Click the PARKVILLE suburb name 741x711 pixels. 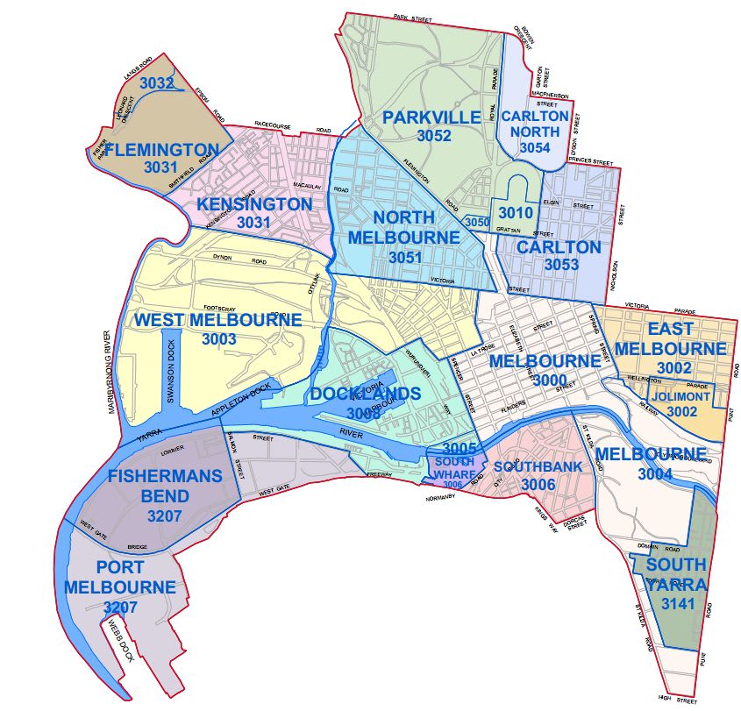pyautogui.click(x=431, y=117)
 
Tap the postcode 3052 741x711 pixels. pyautogui.click(x=433, y=136)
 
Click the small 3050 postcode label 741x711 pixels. pyautogui.click(x=477, y=223)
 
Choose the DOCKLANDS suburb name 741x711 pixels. pyautogui.click(x=366, y=394)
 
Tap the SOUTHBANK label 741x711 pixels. pyautogui.click(x=538, y=466)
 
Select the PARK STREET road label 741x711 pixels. pyautogui.click(x=413, y=17)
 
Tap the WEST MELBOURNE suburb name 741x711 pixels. pyautogui.click(x=217, y=320)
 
